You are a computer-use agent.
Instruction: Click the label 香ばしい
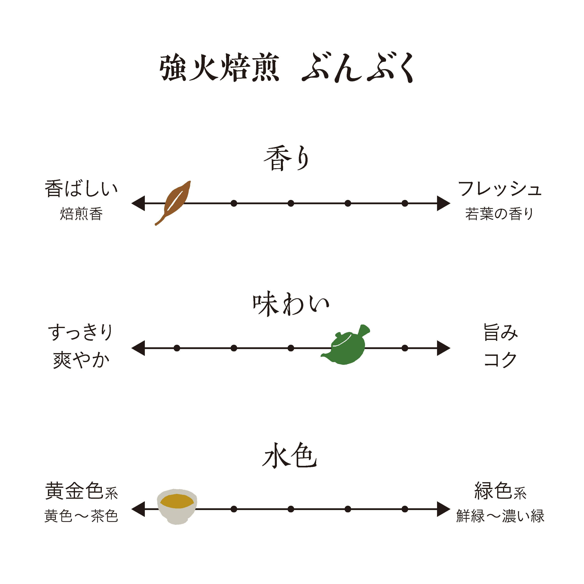click(81, 189)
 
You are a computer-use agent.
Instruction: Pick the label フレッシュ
click(499, 189)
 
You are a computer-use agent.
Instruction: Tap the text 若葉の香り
click(499, 214)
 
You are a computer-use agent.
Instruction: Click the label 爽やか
click(81, 360)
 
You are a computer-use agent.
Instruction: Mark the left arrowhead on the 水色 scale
click(138, 509)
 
